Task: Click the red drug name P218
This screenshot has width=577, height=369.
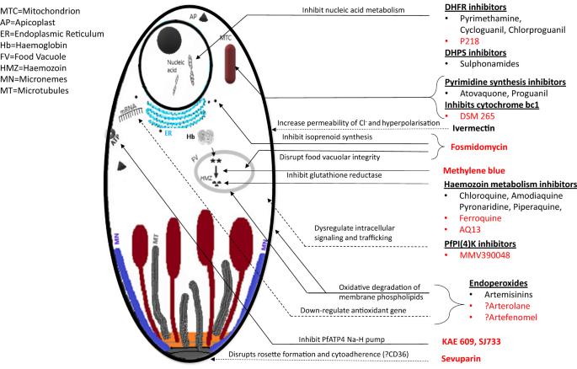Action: click(x=470, y=40)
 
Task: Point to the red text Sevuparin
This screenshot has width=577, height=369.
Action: click(x=466, y=358)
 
